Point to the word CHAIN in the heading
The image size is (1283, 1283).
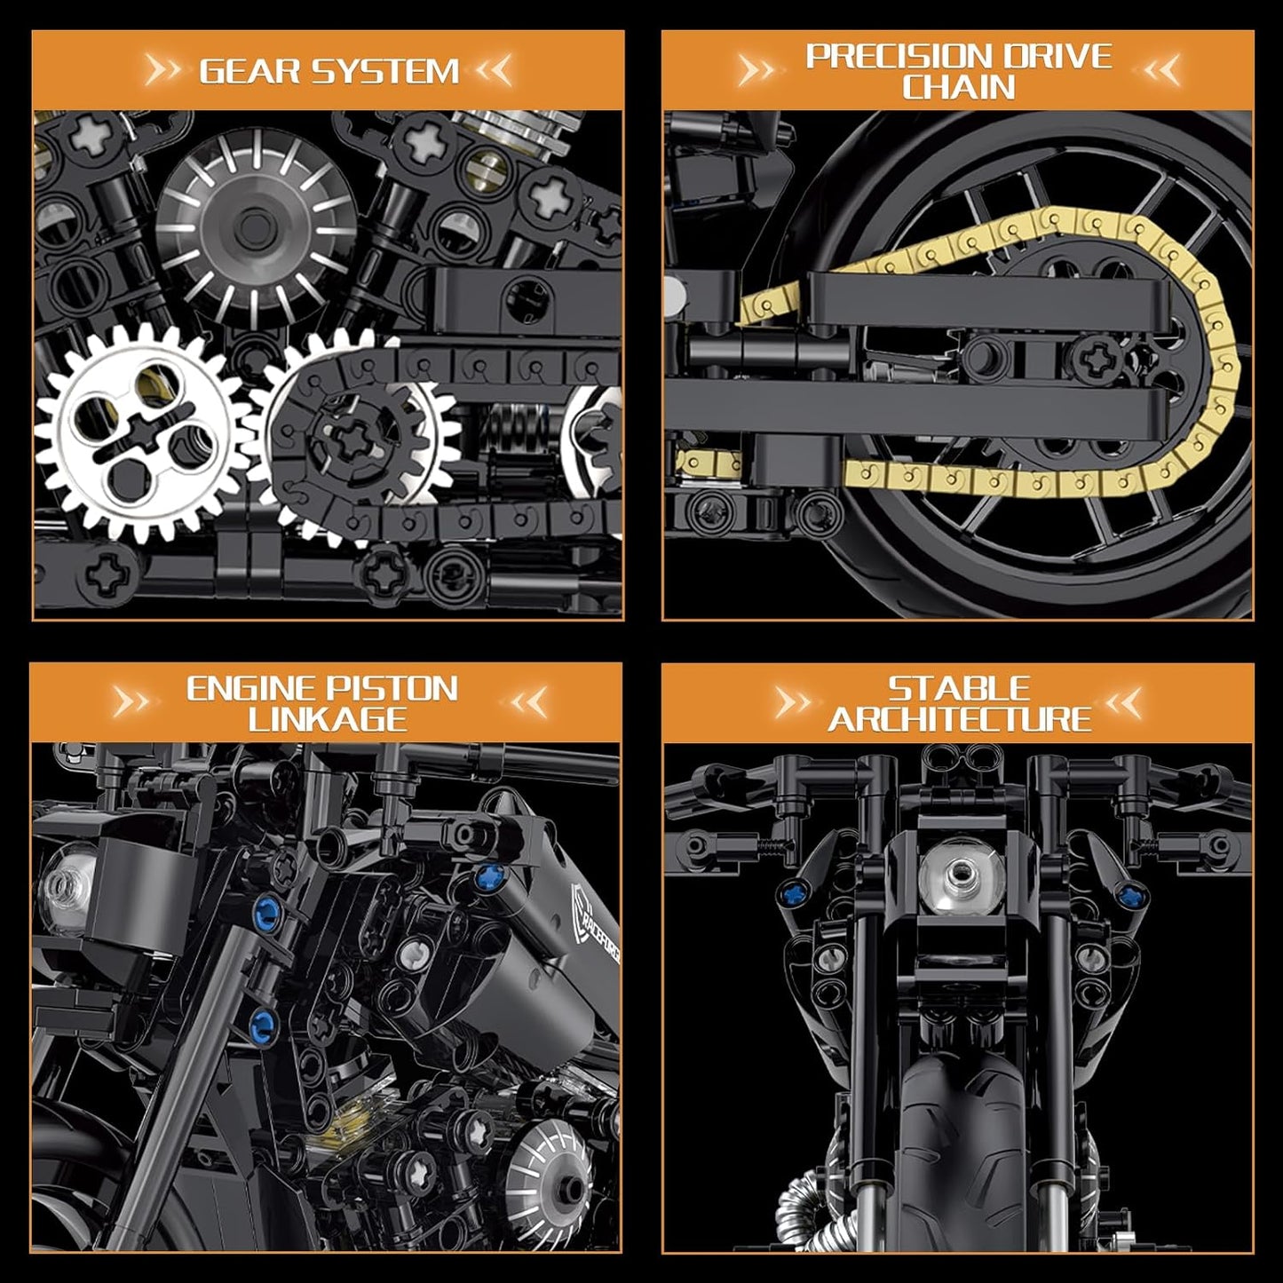[958, 87]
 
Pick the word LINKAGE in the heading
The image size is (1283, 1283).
[327, 719]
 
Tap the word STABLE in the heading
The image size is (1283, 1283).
[959, 688]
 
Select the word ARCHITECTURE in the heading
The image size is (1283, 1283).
[959, 719]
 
